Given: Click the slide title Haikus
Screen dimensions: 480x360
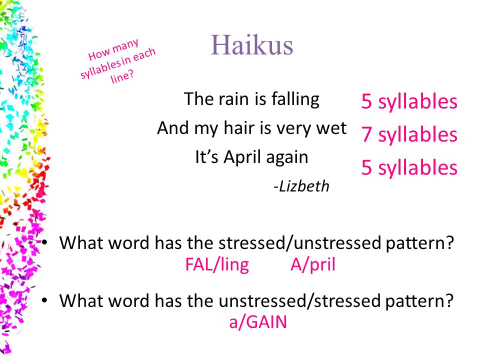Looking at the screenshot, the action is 252,45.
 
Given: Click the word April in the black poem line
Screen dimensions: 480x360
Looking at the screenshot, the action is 243,157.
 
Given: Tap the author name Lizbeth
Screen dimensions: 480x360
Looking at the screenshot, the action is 301,186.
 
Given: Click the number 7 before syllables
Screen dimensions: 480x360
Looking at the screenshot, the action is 366,134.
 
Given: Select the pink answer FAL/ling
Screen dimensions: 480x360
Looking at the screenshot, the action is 217,265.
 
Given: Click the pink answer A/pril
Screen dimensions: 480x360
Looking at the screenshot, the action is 313,265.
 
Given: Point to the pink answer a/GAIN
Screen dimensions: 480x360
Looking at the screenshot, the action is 258,322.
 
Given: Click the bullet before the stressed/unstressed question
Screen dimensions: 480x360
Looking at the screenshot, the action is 44,243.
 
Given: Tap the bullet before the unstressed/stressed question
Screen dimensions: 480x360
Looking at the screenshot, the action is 44,300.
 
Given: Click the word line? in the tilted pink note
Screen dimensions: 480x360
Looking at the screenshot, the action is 122,76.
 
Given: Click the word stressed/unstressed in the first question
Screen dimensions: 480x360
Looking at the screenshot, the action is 299,243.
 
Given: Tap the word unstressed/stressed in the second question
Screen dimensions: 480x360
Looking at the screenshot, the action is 299,301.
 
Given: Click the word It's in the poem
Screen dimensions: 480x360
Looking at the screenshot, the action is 207,157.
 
